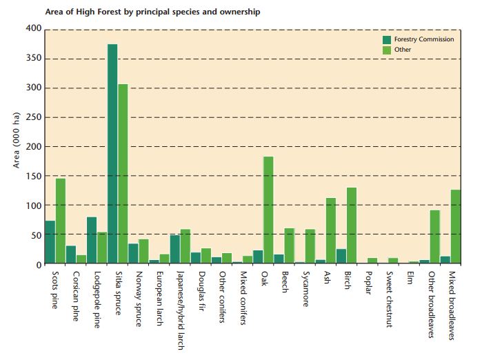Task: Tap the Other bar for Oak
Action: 268,210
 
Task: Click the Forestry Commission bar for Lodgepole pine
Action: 92,241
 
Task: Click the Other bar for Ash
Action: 330,231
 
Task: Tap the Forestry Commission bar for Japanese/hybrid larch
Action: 174,250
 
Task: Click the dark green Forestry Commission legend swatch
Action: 387,39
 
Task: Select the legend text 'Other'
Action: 403,50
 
